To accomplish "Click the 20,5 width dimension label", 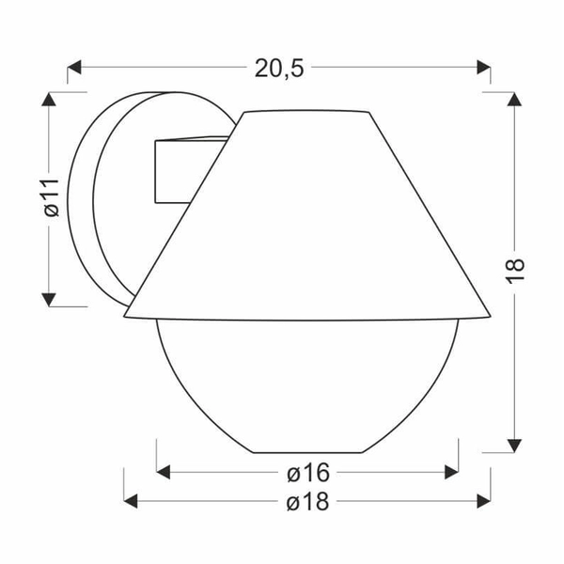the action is [x=279, y=69].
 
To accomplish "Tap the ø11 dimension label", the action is [x=52, y=197].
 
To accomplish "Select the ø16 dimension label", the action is [x=308, y=472].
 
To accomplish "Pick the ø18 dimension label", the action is [x=308, y=501].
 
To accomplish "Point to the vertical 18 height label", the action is [x=515, y=271].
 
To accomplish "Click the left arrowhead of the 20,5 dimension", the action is [x=74, y=68].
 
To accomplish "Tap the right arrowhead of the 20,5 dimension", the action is [x=483, y=68].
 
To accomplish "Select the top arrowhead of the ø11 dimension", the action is [x=49, y=99].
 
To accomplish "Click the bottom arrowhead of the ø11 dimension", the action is [x=49, y=300].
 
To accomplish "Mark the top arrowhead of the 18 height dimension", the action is [x=514, y=99].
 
